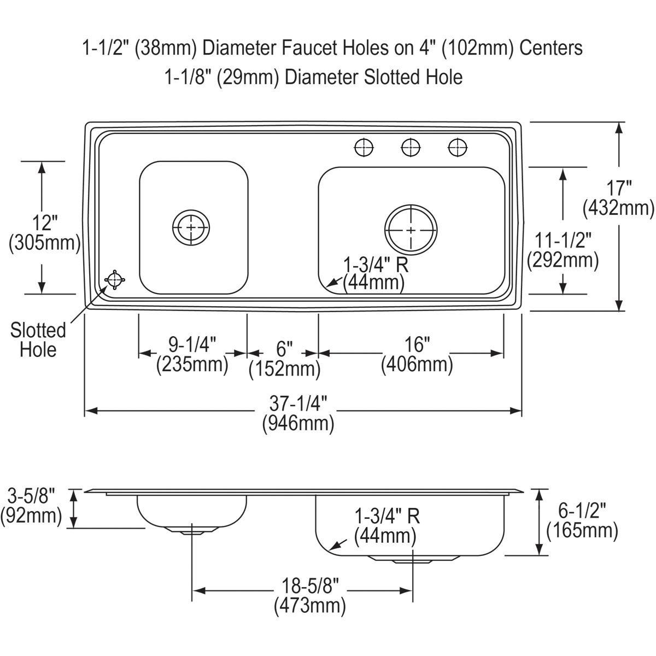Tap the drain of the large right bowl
[411, 230]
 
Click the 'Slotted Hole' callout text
[38, 339]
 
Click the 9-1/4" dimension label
[192, 354]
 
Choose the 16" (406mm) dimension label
[417, 354]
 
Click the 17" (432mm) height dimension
[618, 198]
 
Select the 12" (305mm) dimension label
[45, 232]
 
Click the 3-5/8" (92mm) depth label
[31, 506]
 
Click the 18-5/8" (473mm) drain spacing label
[309, 596]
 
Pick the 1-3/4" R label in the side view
[386, 526]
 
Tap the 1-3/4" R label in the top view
[376, 273]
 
